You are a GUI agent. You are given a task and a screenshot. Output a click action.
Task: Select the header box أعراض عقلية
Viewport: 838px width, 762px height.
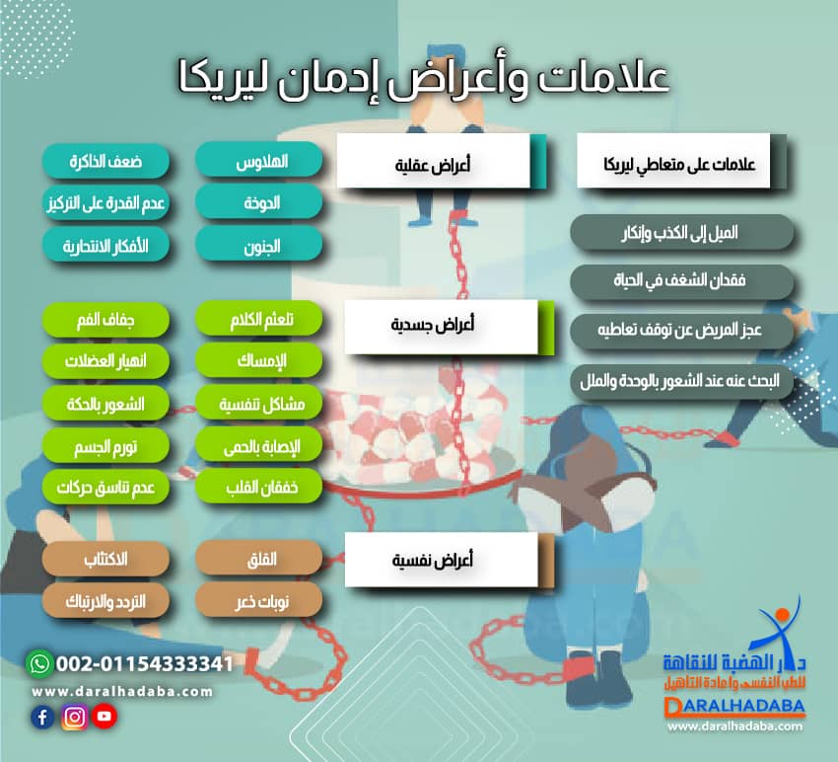coord(433,161)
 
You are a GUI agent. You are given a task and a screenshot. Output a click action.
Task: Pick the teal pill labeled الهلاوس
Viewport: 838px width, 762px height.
coord(258,160)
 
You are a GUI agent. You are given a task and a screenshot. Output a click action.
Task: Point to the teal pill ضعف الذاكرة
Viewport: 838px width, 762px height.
coord(105,160)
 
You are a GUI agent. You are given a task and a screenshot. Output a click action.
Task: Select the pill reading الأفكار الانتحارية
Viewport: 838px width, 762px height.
coord(105,245)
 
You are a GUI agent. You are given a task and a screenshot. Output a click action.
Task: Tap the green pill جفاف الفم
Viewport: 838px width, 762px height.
coord(105,320)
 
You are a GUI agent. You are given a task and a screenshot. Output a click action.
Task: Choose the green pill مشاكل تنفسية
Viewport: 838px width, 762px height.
coord(258,404)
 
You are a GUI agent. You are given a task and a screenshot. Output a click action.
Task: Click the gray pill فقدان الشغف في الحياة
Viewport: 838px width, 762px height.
coord(682,281)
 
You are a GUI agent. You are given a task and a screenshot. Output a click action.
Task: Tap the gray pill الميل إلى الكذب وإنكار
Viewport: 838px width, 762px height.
coord(682,233)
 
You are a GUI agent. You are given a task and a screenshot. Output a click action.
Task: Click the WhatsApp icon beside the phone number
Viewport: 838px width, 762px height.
coord(39,663)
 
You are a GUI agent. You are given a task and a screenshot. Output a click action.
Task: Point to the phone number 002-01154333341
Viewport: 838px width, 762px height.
coord(144,663)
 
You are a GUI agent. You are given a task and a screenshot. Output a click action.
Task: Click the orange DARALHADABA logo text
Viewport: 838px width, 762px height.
coord(734,707)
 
